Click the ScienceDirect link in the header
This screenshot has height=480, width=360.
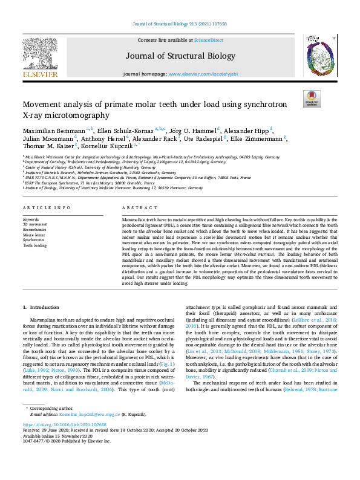pyautogui.click(x=209, y=39)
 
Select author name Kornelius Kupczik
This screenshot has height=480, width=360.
pyautogui.click(x=107, y=146)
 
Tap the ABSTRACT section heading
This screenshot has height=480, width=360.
pyautogui.click(x=136, y=208)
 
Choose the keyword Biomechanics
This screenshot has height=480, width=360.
pyautogui.click(x=34, y=230)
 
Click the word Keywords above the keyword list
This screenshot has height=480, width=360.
pyautogui.click(x=31, y=219)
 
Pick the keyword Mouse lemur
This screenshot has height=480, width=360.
pyautogui.click(x=33, y=235)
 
